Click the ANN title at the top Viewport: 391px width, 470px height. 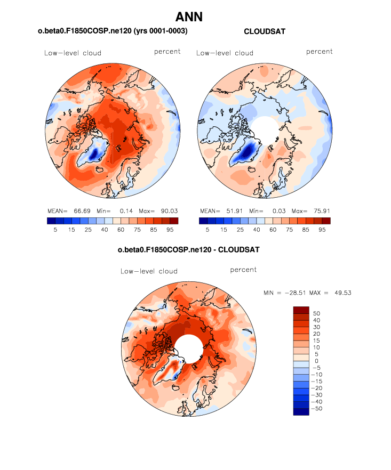click(189, 17)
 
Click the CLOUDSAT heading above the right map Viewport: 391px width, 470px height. click(264, 32)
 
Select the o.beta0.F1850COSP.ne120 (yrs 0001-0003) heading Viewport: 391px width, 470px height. click(113, 32)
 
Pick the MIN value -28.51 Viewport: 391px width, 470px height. click(293, 293)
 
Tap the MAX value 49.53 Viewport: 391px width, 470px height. click(341, 293)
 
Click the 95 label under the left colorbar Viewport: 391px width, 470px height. click(169, 230)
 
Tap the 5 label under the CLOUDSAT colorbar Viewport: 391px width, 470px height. click(208, 230)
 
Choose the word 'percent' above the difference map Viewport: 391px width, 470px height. click(243, 270)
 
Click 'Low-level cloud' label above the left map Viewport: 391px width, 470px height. click(73, 53)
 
